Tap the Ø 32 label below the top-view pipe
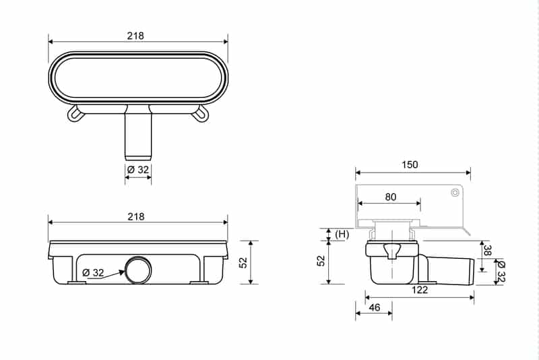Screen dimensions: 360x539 tap(138, 170)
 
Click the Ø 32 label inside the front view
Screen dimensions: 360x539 tap(93, 272)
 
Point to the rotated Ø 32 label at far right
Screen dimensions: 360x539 tap(501, 272)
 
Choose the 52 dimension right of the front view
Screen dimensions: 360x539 tap(244, 262)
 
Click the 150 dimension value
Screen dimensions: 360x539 tap(410, 164)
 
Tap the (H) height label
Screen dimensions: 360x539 tap(341, 233)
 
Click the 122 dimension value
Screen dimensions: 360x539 tap(419, 289)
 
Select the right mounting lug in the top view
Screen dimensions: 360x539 tap(200, 115)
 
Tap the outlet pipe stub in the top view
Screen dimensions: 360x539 tap(138, 135)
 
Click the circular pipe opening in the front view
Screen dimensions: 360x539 tap(137, 270)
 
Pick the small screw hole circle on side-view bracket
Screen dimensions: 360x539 tap(455, 193)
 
